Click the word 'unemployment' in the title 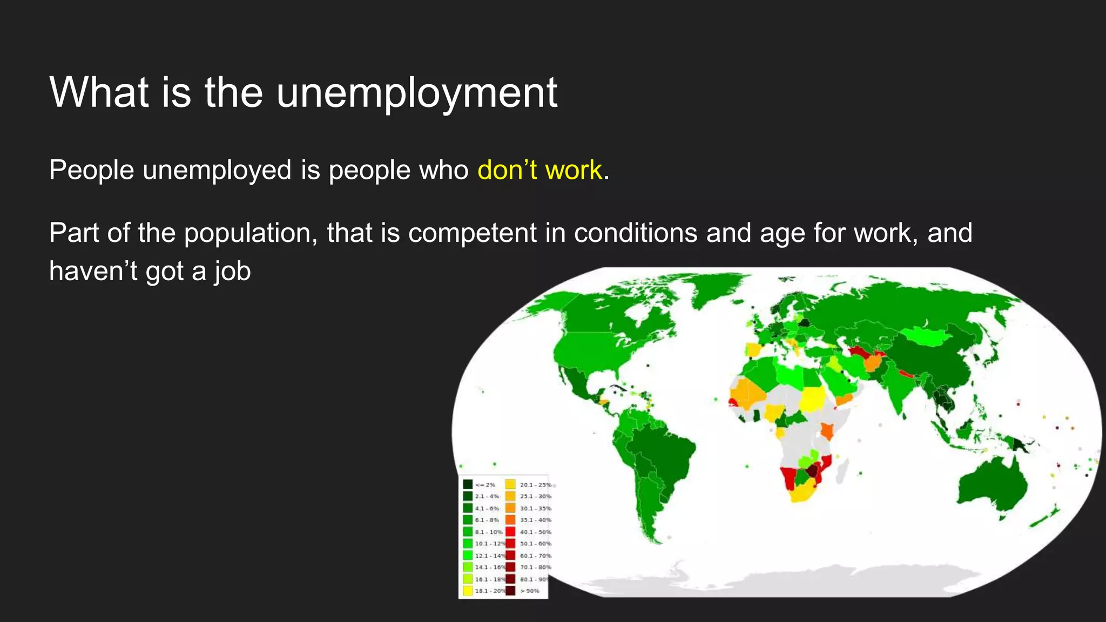[416, 93]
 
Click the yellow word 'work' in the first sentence [573, 170]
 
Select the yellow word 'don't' [507, 170]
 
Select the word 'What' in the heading [99, 93]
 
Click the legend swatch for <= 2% [468, 484]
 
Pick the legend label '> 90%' [530, 591]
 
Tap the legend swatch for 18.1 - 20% [468, 591]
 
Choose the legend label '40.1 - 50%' [535, 532]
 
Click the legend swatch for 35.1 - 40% [510, 520]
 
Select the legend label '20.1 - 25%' [535, 485]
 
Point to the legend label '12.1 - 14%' [490, 556]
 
